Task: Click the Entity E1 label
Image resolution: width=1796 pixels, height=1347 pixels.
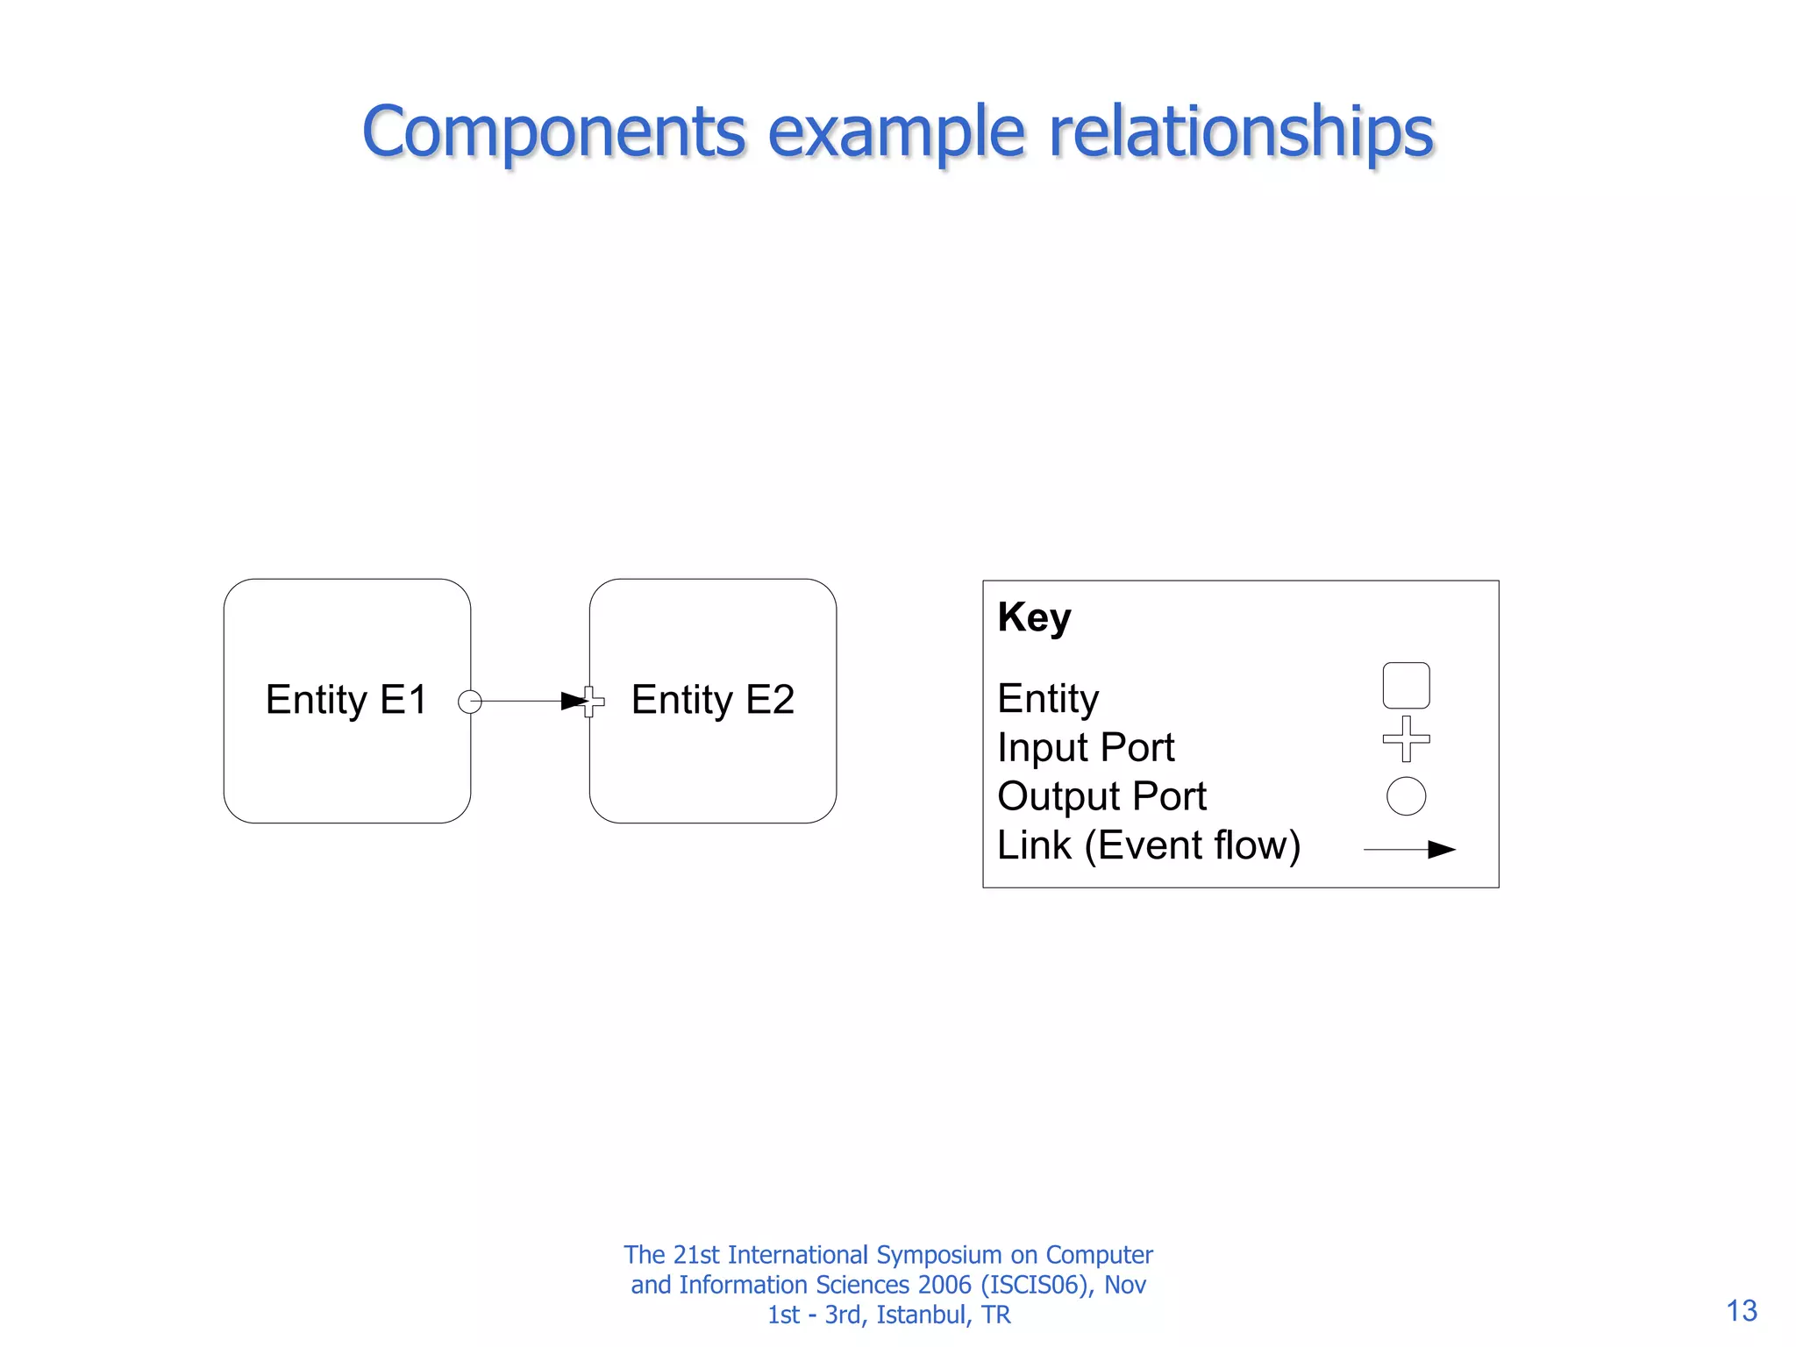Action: (x=346, y=700)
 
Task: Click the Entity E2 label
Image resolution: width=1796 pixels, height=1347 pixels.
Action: (x=713, y=700)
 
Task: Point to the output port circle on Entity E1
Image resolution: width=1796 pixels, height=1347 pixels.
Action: (x=470, y=702)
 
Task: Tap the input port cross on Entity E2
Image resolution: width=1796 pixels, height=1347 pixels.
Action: (x=594, y=702)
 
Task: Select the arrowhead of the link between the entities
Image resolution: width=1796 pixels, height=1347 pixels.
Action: (x=574, y=701)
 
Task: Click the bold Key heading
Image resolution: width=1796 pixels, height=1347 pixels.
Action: (x=1034, y=617)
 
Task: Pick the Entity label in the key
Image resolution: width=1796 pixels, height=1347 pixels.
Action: (x=1048, y=699)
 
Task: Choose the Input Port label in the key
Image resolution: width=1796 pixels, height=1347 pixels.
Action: (x=1086, y=748)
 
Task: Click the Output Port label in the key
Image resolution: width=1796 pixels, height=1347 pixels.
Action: (x=1102, y=796)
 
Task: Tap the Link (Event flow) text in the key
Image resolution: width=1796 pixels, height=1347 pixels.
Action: (x=1149, y=845)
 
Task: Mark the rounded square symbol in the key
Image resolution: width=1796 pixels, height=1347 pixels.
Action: (x=1406, y=685)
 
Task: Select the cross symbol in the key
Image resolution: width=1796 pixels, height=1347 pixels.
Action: (x=1406, y=738)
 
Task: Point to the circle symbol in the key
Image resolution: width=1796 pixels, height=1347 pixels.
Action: (x=1406, y=796)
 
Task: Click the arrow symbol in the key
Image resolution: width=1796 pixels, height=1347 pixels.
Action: (x=1410, y=849)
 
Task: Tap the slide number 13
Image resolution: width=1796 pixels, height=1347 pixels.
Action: (x=1742, y=1310)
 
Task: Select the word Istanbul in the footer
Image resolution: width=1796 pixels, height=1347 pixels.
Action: (x=922, y=1315)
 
